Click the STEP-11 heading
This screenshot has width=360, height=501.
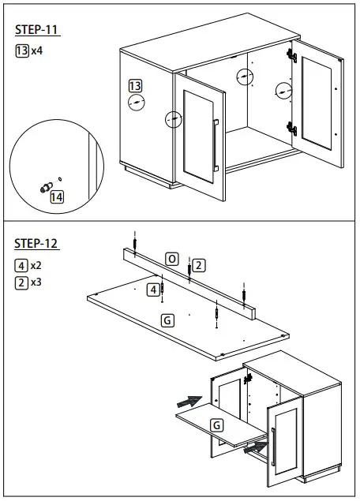[x=37, y=31]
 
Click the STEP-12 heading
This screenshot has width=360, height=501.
[x=37, y=243]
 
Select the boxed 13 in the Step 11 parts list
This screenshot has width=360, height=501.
[x=21, y=50]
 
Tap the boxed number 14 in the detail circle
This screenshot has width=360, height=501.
[x=56, y=197]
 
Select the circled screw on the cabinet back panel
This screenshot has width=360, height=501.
[x=246, y=77]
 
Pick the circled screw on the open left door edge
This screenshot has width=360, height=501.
[x=173, y=119]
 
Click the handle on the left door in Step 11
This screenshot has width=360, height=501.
[x=216, y=142]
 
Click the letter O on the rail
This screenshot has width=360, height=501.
[x=172, y=258]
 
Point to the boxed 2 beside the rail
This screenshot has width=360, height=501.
[x=199, y=265]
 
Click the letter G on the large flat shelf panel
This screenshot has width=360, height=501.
[x=167, y=320]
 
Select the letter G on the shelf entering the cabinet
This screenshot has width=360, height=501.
[x=216, y=425]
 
